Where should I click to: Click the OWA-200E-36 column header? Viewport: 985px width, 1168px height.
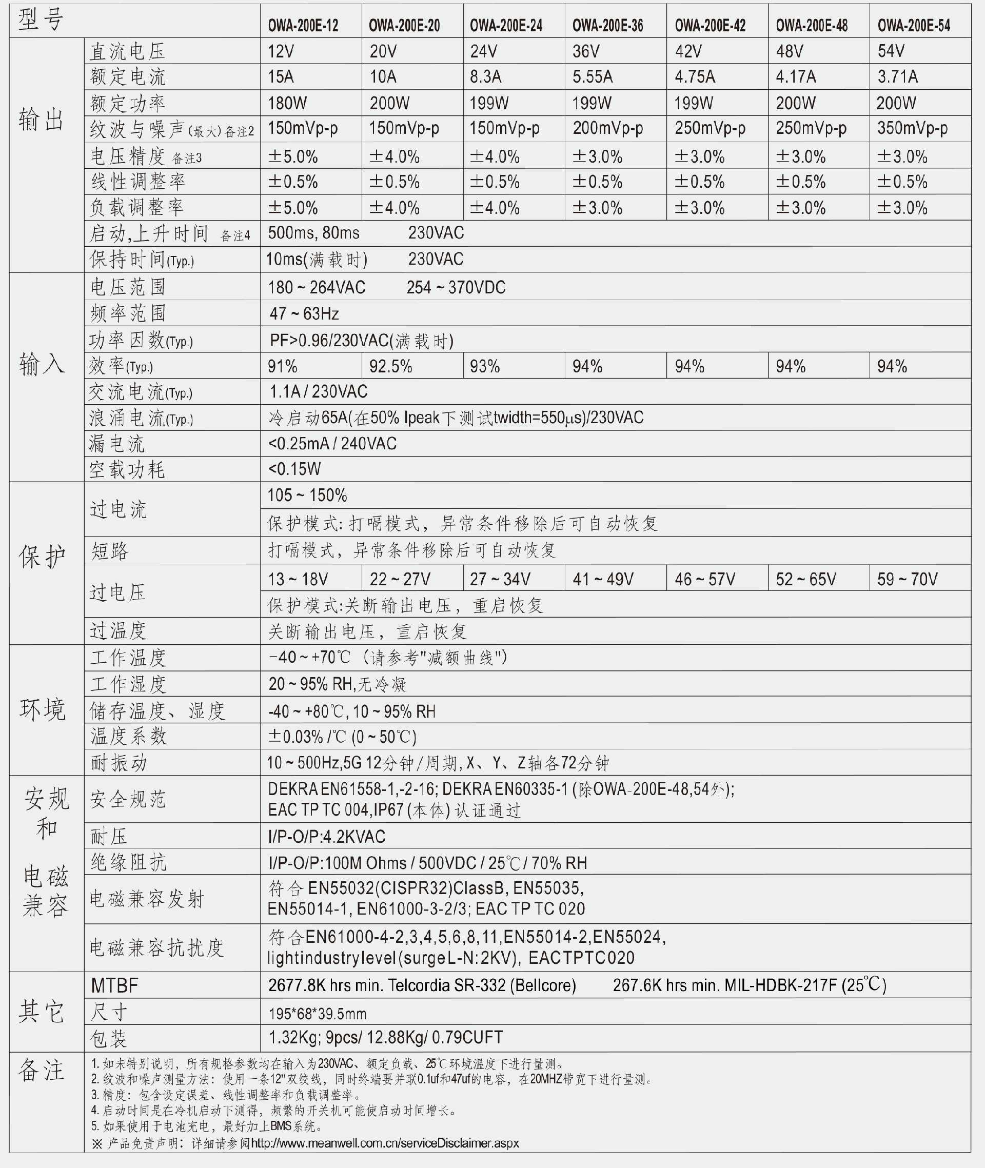(x=607, y=26)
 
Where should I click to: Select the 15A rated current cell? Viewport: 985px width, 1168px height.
(x=281, y=76)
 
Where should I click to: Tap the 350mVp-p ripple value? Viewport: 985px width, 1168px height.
(x=912, y=128)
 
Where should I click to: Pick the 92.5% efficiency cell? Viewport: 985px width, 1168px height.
(x=390, y=367)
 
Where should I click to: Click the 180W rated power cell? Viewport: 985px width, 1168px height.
(x=287, y=103)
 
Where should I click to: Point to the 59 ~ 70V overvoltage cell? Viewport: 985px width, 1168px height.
(x=907, y=579)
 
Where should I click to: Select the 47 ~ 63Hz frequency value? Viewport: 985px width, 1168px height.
(x=304, y=314)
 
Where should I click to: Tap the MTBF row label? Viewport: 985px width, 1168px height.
(x=114, y=985)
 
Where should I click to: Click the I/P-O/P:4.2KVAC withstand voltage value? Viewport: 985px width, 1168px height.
(x=326, y=836)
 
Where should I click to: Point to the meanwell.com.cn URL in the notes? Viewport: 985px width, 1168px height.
(x=385, y=1143)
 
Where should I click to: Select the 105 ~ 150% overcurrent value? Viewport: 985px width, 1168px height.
(x=307, y=495)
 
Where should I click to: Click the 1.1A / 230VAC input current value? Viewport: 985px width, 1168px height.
(x=318, y=392)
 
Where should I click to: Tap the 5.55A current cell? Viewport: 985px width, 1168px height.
(x=592, y=76)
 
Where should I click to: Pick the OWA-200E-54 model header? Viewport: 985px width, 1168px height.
(x=914, y=26)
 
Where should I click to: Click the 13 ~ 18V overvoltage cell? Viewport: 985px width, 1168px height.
(x=298, y=579)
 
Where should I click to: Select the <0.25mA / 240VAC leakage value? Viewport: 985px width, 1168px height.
(x=332, y=444)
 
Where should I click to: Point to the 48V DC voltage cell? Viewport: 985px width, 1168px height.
(x=789, y=51)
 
